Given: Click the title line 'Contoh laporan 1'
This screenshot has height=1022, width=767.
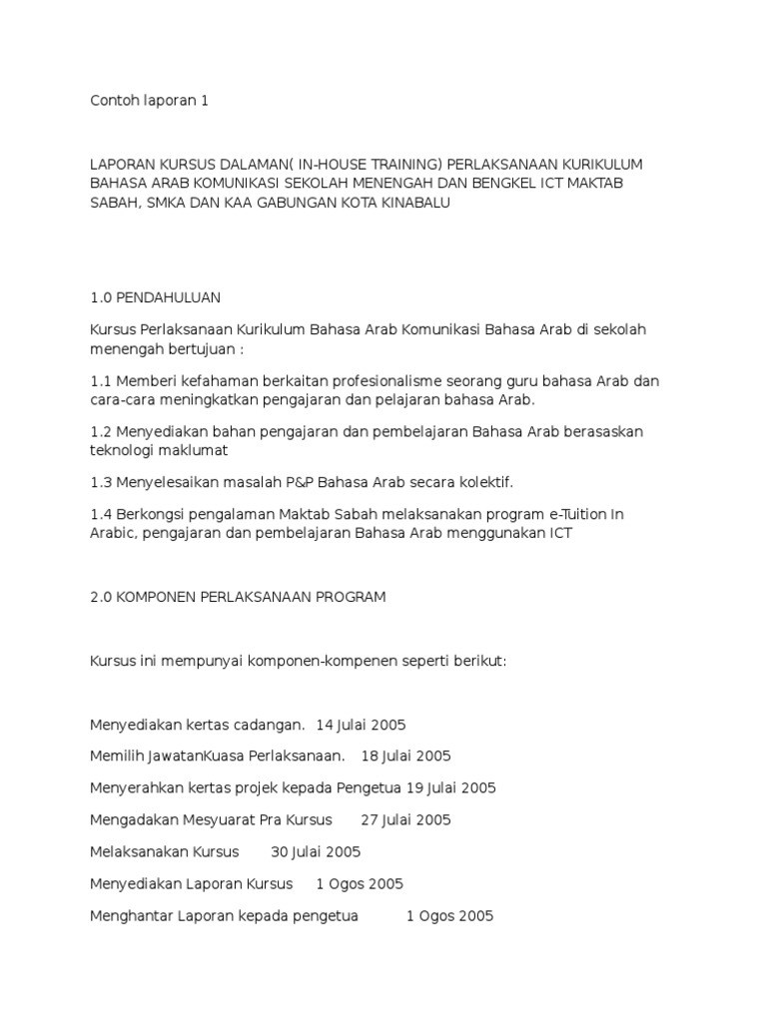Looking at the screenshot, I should (x=149, y=101).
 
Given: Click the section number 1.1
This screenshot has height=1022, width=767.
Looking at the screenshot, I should (x=100, y=381).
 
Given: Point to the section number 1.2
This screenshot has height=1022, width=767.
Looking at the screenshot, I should (x=100, y=431).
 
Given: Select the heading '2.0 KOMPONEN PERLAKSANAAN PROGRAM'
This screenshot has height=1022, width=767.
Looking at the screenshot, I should (x=238, y=597).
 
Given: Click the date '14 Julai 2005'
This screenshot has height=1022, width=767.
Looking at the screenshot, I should (x=361, y=725).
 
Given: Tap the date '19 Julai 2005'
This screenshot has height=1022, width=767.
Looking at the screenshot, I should (x=448, y=788).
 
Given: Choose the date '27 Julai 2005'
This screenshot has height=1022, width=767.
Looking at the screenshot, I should (x=405, y=820).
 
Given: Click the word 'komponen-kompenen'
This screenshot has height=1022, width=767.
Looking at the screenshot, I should (x=310, y=661).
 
